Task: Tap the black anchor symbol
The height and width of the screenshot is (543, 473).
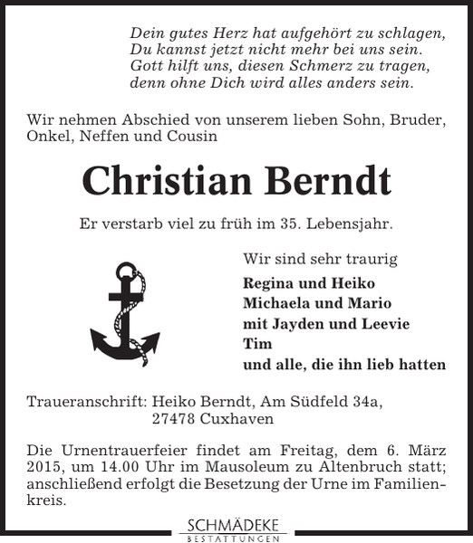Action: (x=125, y=312)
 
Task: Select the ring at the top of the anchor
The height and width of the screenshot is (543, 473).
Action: (x=125, y=271)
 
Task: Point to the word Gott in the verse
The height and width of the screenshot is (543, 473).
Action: (x=147, y=66)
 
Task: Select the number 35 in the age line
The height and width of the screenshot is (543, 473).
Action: (x=294, y=222)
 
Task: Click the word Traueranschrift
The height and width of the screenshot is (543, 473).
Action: (x=86, y=399)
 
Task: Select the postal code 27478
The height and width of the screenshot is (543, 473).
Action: (x=175, y=419)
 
